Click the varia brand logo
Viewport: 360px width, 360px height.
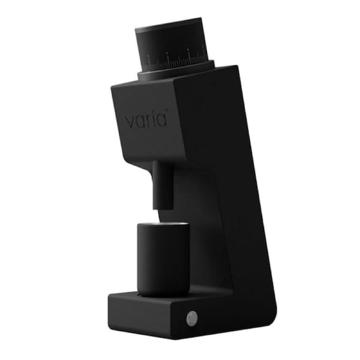coord(146,120)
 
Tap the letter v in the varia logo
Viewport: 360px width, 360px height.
coord(130,121)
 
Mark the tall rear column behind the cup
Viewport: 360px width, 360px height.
coord(234,240)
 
